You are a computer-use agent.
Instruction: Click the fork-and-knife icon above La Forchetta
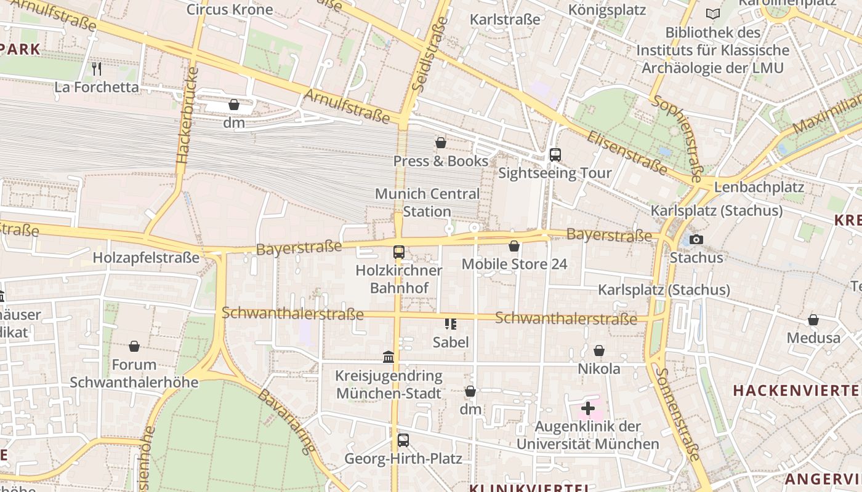97,68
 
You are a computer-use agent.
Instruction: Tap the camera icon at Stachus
696,239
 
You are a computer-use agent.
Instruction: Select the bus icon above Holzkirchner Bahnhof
399,252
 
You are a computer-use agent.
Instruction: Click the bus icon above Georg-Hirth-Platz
403,440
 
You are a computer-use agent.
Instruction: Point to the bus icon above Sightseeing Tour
555,154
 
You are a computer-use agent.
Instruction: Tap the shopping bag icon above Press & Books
441,143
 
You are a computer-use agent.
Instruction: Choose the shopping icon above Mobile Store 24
514,246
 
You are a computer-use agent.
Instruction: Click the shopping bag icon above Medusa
813,320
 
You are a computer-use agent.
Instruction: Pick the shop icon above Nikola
599,351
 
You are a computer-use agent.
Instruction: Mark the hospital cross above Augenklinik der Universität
588,408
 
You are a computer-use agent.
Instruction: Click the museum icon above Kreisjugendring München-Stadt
389,357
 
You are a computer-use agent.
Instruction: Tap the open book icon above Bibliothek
713,14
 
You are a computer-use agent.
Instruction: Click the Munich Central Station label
427,202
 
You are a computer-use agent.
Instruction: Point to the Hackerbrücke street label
188,114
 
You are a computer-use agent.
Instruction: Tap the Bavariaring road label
287,421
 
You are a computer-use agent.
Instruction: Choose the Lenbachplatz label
759,186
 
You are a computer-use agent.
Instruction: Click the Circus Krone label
230,9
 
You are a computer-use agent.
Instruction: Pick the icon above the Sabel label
451,323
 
